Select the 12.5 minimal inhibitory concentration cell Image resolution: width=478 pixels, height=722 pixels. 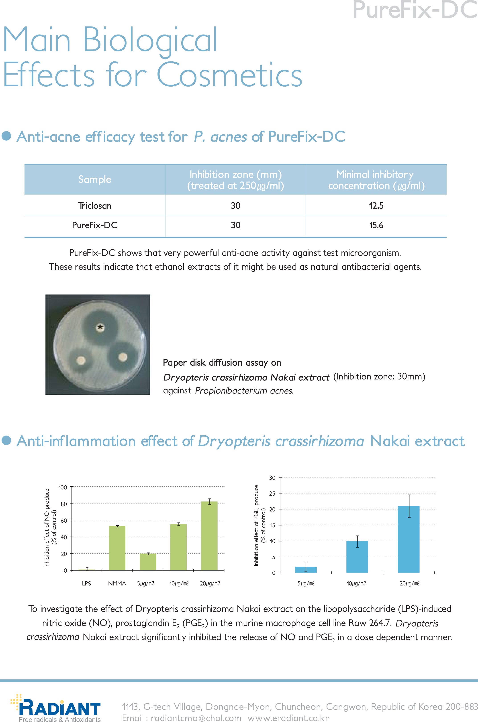click(x=376, y=206)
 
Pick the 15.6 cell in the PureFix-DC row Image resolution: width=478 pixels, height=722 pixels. click(x=376, y=225)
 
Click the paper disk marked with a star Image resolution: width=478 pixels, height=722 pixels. click(x=100, y=328)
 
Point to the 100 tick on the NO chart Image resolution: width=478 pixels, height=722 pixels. click(x=63, y=487)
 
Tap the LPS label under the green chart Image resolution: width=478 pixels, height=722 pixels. click(x=86, y=583)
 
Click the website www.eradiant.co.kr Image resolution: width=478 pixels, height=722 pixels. click(x=288, y=718)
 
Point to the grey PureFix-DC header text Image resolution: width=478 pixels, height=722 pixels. click(x=415, y=10)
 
